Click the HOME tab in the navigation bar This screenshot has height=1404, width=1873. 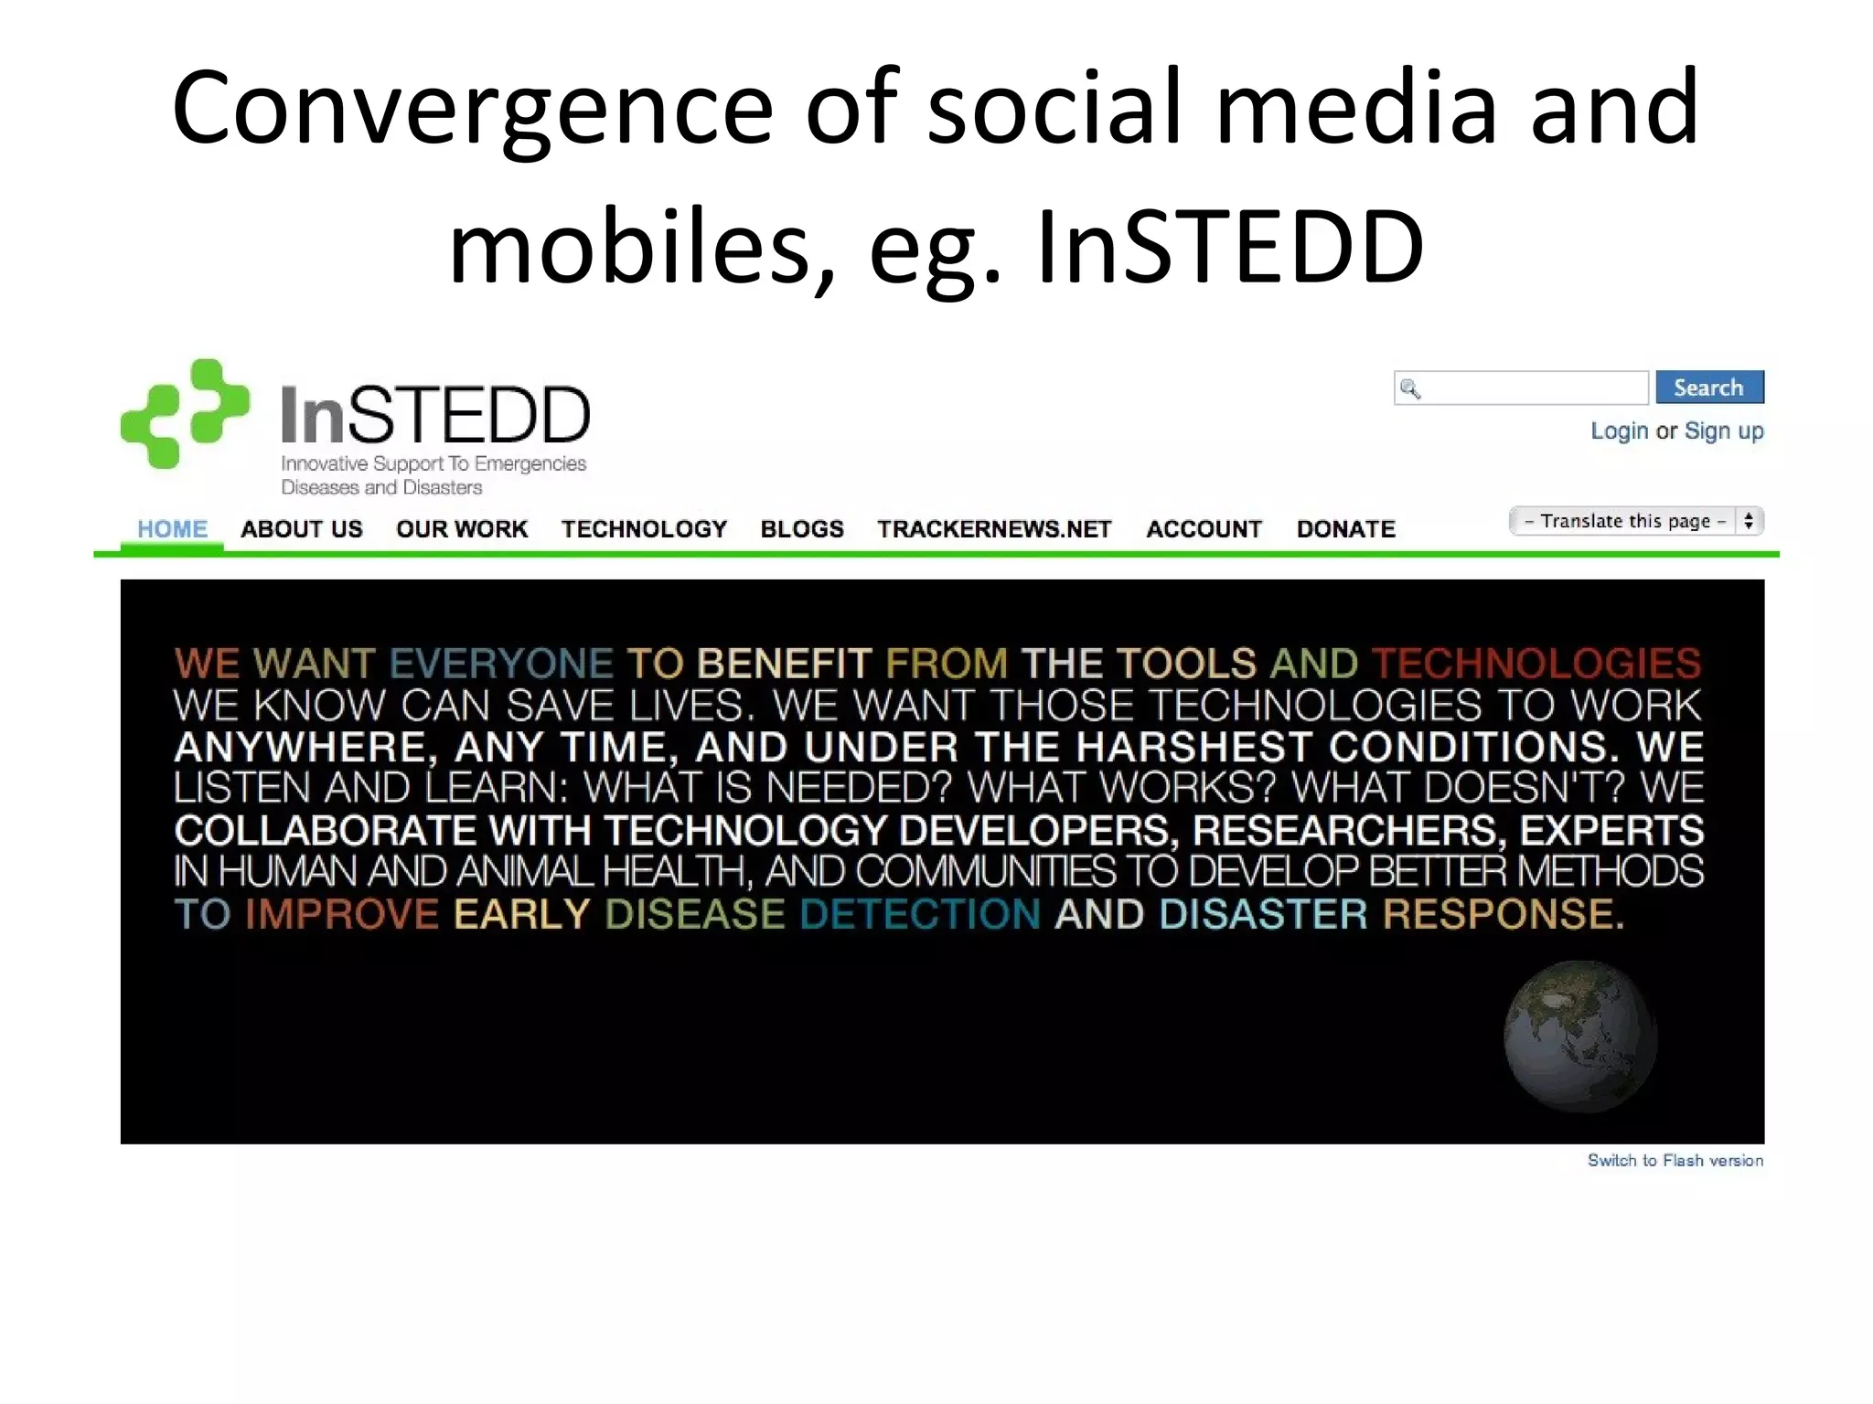tap(172, 529)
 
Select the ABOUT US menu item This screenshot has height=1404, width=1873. tap(301, 529)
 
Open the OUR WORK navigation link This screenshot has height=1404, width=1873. tap(462, 529)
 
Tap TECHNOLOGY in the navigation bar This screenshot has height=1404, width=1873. tap(644, 529)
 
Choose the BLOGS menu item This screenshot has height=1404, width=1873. tap(802, 529)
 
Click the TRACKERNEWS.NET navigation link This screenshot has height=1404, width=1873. tap(994, 529)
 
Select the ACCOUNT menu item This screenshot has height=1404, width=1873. tap(1204, 529)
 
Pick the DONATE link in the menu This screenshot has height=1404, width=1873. tap(1345, 529)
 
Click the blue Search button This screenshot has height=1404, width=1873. tap(1708, 388)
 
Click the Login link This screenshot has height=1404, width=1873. tap(1619, 431)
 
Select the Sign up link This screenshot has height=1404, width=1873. tap(1724, 431)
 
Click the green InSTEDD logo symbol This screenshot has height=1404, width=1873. tap(186, 413)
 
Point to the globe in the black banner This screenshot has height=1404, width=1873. tap(1580, 1037)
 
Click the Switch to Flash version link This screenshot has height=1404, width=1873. tap(1675, 1161)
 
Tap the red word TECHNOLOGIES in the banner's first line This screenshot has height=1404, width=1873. tap(1536, 664)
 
